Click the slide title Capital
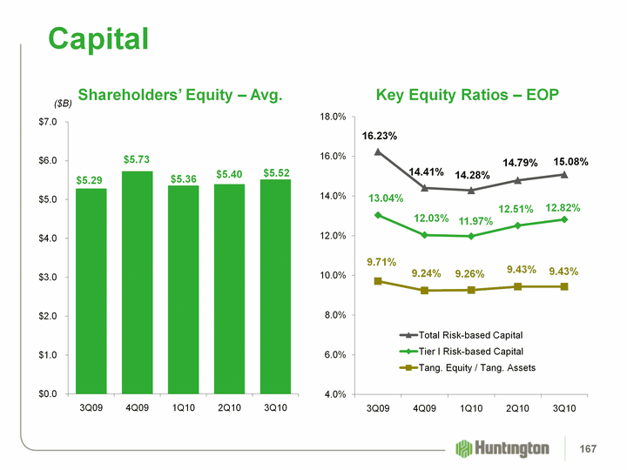click(x=98, y=37)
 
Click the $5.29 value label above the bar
click(x=90, y=179)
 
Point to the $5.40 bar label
click(x=229, y=175)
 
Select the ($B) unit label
click(x=64, y=104)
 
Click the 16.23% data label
click(x=380, y=136)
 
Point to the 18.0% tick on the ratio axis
click(x=335, y=117)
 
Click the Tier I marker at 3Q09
click(x=378, y=215)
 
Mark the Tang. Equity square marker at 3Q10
click(x=564, y=286)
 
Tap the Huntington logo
click(x=502, y=448)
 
